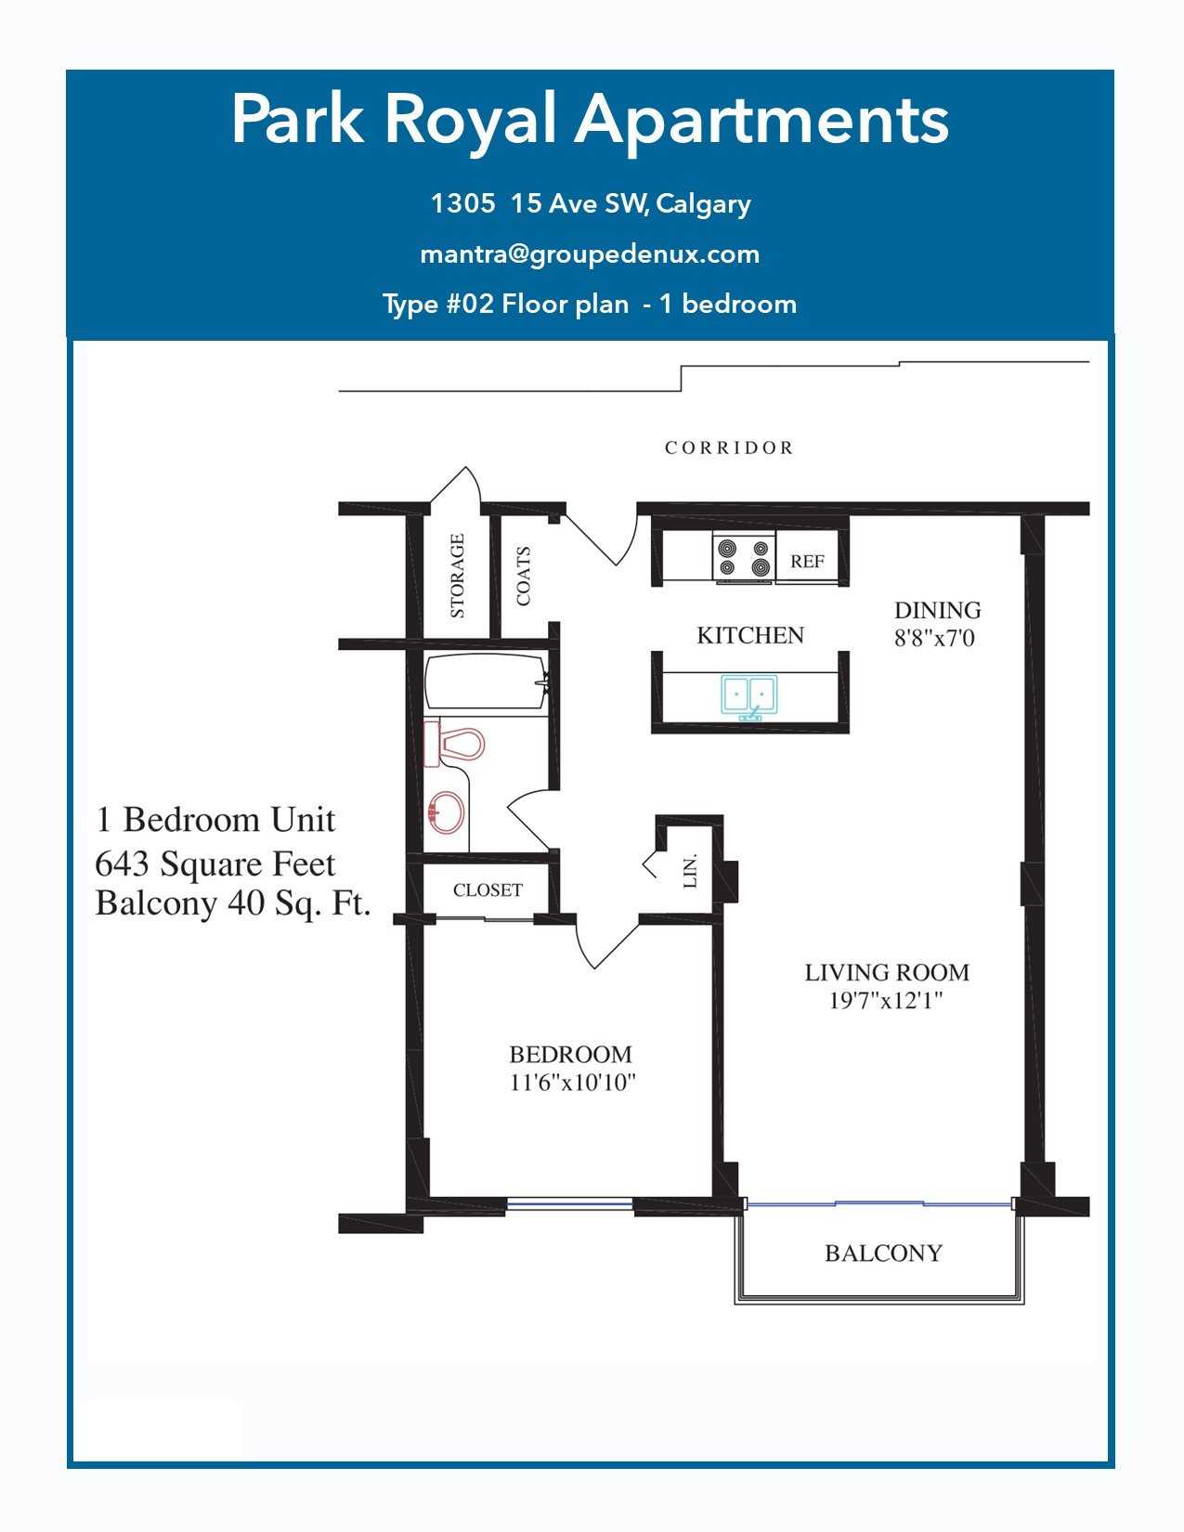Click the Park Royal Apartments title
pyautogui.click(x=591, y=120)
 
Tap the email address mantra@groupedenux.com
pyautogui.click(x=591, y=254)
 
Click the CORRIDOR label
pyautogui.click(x=729, y=448)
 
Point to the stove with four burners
pyautogui.click(x=743, y=558)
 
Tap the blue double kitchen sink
pyautogui.click(x=748, y=696)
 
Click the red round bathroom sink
pyautogui.click(x=447, y=812)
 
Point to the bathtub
pyautogui.click(x=486, y=682)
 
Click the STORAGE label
pyautogui.click(x=458, y=576)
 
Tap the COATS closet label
pyautogui.click(x=523, y=576)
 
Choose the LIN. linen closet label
pyautogui.click(x=690, y=871)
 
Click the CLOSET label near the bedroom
pyautogui.click(x=488, y=889)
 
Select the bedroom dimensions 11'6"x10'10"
pyautogui.click(x=573, y=1083)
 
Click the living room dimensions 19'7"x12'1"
pyautogui.click(x=886, y=1000)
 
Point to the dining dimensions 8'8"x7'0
pyautogui.click(x=934, y=638)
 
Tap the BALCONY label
pyautogui.click(x=884, y=1253)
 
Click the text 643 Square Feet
pyautogui.click(x=215, y=863)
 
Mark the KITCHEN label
pyautogui.click(x=750, y=635)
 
